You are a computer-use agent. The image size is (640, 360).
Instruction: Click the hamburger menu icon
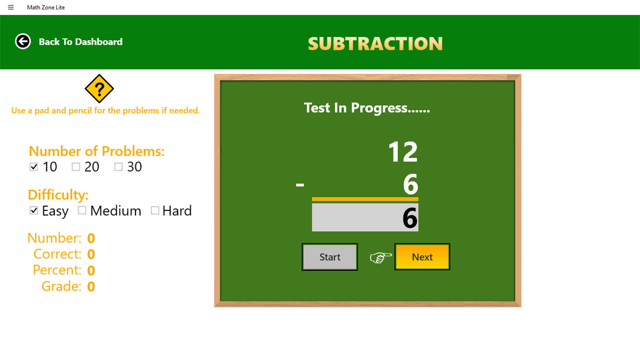click(x=11, y=7)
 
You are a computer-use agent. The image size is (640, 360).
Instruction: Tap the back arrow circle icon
click(x=23, y=41)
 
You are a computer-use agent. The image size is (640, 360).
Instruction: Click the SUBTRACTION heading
click(x=375, y=43)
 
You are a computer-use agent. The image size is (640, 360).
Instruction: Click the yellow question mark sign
click(x=99, y=88)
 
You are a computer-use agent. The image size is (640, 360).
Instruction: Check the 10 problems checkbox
click(x=34, y=167)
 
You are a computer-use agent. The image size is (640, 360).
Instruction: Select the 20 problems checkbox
click(x=76, y=167)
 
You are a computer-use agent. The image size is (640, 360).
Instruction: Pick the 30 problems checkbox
click(x=118, y=167)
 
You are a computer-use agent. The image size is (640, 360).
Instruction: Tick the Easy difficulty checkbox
click(x=34, y=210)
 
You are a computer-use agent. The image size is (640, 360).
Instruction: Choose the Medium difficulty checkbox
click(x=82, y=210)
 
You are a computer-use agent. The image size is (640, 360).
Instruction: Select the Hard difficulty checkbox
click(x=155, y=210)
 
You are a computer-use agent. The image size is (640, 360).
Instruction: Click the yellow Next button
click(x=422, y=257)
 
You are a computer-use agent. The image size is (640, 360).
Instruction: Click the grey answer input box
click(x=365, y=217)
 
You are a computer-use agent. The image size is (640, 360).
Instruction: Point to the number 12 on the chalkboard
click(x=403, y=151)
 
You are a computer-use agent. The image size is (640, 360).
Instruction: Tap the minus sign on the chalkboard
click(x=300, y=184)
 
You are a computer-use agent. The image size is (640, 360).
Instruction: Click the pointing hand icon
click(x=381, y=258)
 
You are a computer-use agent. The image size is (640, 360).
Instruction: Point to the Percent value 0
click(x=91, y=270)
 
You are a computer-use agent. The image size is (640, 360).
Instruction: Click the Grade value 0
click(x=91, y=286)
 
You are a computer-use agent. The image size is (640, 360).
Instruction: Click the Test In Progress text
click(x=367, y=107)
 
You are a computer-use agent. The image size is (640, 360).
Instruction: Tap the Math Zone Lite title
click(x=46, y=7)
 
